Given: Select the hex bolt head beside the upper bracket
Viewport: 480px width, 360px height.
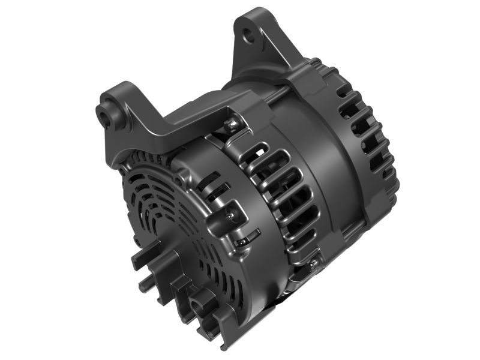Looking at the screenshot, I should pos(229,125).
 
